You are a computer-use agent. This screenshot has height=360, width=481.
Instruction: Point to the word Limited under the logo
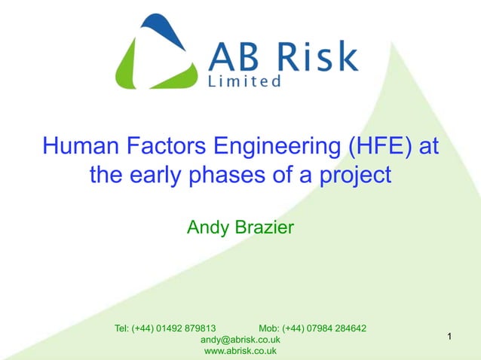click(x=244, y=81)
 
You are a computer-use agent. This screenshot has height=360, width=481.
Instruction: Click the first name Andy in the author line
click(x=207, y=227)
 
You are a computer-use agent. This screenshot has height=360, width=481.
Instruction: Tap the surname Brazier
click(x=263, y=226)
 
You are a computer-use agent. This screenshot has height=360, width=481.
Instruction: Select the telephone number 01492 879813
click(x=185, y=328)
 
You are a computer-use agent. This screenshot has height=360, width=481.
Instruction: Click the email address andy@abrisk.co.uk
click(x=240, y=340)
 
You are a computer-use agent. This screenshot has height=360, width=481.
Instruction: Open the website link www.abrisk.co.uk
click(x=240, y=351)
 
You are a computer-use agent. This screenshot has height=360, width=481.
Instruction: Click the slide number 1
click(x=449, y=336)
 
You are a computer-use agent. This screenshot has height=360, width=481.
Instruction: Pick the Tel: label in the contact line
click(x=121, y=328)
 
